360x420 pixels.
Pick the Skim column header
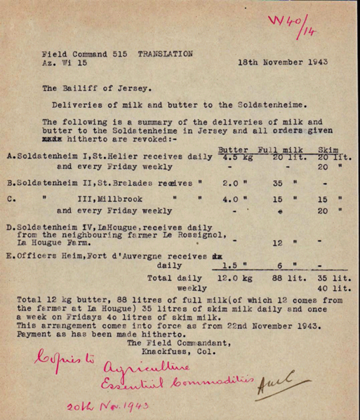(x=329, y=149)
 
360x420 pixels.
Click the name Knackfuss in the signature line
(x=154, y=351)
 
